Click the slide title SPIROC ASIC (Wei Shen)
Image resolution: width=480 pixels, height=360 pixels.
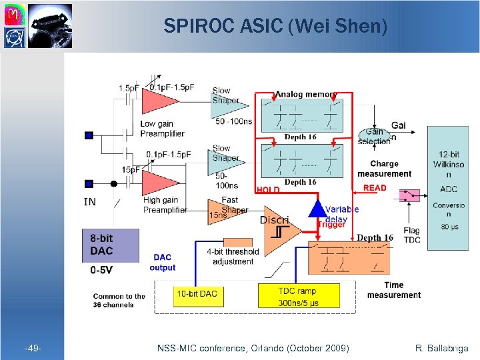pyautogui.click(x=275, y=26)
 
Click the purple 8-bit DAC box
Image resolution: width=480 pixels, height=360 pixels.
pyautogui.click(x=110, y=245)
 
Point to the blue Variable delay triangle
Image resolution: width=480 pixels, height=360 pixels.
pyautogui.click(x=317, y=208)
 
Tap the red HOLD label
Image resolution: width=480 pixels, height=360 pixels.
pyautogui.click(x=268, y=190)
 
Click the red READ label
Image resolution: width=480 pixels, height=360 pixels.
pyautogui.click(x=375, y=188)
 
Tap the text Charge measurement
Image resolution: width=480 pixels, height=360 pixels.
pyautogui.click(x=384, y=169)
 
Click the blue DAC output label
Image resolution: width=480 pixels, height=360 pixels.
pyautogui.click(x=162, y=262)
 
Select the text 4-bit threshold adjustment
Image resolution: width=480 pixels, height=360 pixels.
pyautogui.click(x=233, y=257)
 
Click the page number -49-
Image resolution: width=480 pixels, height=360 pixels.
pyautogui.click(x=33, y=348)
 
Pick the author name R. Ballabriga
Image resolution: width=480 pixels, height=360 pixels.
pyautogui.click(x=441, y=348)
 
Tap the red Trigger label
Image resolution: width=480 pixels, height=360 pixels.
pyautogui.click(x=331, y=225)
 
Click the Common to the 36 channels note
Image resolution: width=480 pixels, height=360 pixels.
pyautogui.click(x=119, y=301)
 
